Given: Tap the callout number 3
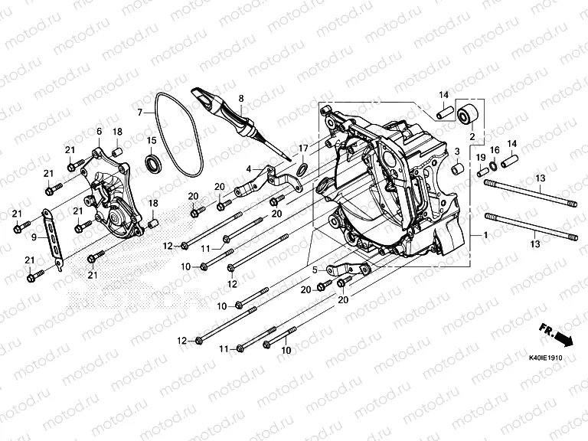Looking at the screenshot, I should coord(456,152).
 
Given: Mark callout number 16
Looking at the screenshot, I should coord(494,150).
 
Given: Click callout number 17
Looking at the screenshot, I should coord(303,148).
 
